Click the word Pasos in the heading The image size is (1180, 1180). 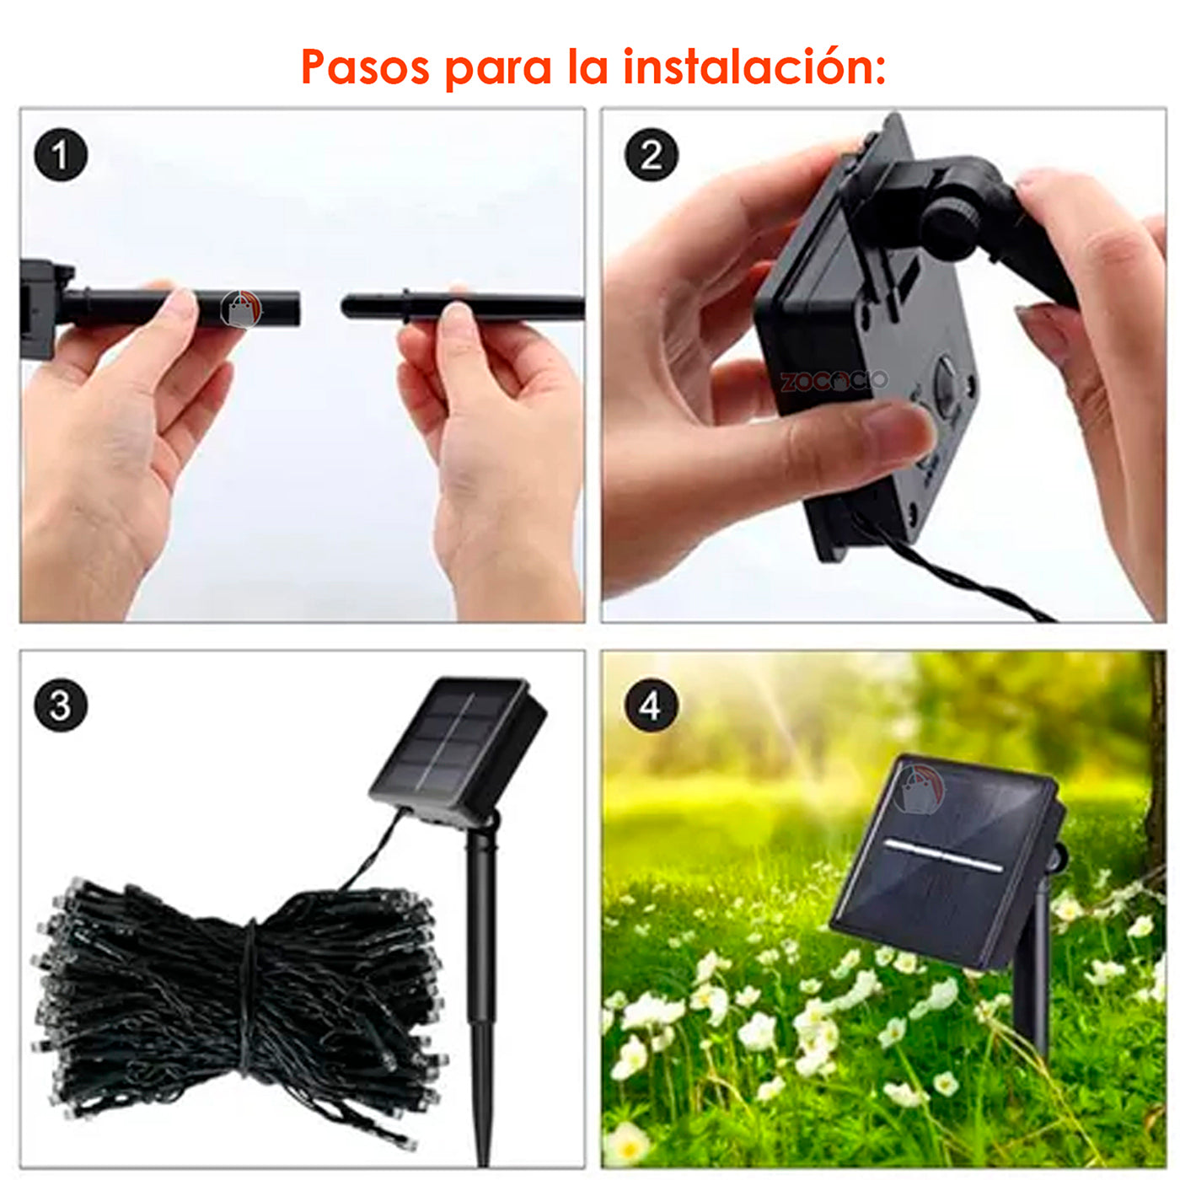[364, 67]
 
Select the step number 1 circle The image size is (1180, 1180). [60, 155]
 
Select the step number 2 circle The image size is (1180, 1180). [651, 155]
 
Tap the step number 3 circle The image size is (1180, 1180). [60, 705]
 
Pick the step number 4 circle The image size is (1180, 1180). [651, 705]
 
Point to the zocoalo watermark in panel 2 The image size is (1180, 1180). [834, 380]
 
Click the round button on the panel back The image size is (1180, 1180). [947, 379]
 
